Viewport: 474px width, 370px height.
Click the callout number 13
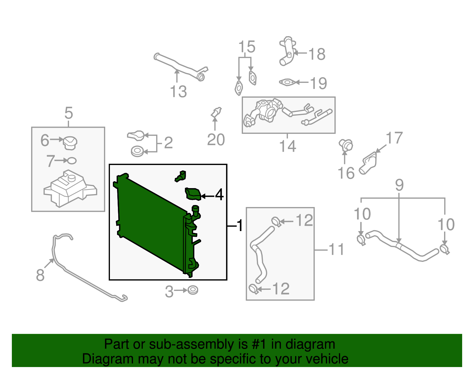click(x=178, y=92)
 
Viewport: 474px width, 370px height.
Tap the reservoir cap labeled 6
click(x=70, y=143)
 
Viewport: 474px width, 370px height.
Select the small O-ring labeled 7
click(x=72, y=161)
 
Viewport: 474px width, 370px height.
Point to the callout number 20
click(x=216, y=140)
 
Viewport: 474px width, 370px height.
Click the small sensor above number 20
click(x=217, y=112)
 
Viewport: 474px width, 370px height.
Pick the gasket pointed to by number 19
click(x=287, y=82)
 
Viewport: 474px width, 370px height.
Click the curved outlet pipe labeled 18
click(x=287, y=52)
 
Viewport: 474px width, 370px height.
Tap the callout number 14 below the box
click(x=287, y=146)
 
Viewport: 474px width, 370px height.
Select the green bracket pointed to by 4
click(x=193, y=193)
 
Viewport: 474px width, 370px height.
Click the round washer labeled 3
click(x=193, y=290)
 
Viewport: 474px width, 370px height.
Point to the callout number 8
click(x=40, y=275)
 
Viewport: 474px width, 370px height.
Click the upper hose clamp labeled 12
click(x=276, y=221)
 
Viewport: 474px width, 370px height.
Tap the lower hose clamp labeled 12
click(x=254, y=289)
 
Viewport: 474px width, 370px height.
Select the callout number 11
click(x=336, y=249)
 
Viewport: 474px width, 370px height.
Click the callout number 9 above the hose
click(x=399, y=185)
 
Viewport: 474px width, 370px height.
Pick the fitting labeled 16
click(x=346, y=145)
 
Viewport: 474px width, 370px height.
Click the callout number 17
click(x=394, y=138)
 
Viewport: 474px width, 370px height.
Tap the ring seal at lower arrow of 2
click(x=137, y=151)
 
